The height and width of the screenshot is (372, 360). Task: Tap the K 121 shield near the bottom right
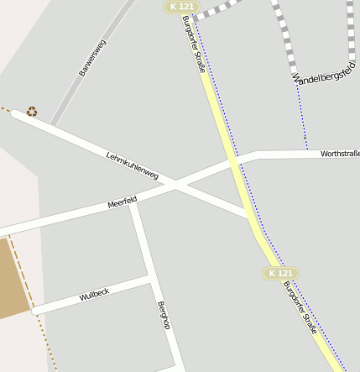280,274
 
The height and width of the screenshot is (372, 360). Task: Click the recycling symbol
32,111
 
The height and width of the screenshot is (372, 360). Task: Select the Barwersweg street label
92,58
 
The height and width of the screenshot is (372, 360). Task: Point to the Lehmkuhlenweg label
133,165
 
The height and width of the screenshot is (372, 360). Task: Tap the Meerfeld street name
122,203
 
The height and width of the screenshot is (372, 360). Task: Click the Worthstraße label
340,154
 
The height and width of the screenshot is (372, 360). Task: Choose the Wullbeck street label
95,294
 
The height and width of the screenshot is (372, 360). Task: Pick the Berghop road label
164,315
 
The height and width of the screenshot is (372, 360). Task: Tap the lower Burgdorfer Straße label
300,308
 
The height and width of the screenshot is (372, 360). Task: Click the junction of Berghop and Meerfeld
133,202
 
